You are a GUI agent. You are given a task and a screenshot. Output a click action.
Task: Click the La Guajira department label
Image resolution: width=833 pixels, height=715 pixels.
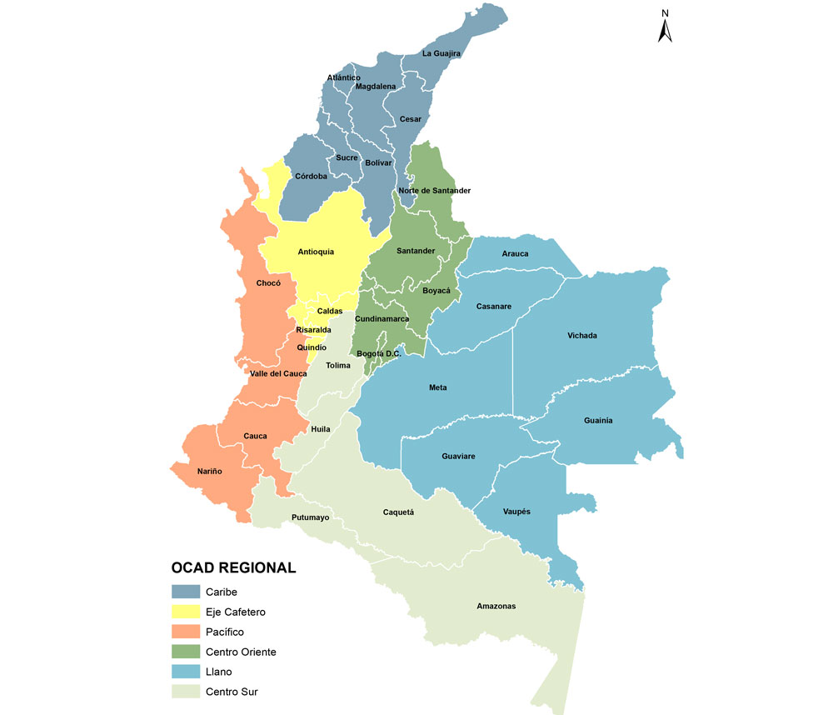[x=441, y=54]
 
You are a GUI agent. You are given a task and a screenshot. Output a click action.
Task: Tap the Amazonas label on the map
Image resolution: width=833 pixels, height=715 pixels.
[x=496, y=606]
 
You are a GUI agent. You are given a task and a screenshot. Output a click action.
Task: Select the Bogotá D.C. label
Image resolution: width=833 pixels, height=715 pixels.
[x=378, y=354]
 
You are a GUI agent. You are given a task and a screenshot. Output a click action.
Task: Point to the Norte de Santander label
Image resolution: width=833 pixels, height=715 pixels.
[x=434, y=191]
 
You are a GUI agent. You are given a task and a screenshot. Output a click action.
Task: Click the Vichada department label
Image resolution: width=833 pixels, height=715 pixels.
[x=582, y=336]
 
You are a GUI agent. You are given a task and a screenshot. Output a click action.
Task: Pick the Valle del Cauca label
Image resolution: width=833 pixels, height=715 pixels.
[x=278, y=374]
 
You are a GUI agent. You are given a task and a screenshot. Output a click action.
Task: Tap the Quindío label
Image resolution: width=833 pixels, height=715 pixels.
[x=312, y=347]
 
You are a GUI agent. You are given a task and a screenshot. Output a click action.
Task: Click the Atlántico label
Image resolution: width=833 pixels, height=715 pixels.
[x=343, y=77]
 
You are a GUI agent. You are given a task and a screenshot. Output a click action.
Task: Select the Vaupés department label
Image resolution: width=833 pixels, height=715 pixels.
[x=516, y=512]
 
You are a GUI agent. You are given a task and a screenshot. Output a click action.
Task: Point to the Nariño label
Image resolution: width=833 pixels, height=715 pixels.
[x=209, y=472]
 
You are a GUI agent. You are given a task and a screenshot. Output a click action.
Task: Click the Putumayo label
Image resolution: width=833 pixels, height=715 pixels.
[x=311, y=517]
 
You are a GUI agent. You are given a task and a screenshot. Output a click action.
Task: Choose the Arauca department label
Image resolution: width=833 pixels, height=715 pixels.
[x=515, y=254]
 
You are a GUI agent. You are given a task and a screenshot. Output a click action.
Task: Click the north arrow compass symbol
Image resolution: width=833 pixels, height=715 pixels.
[x=666, y=27]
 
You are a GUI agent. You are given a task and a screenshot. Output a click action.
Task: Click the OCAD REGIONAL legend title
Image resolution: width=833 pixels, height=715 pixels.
[x=233, y=568]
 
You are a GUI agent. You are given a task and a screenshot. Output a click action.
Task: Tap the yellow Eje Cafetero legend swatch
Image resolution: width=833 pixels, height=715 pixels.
[x=186, y=612]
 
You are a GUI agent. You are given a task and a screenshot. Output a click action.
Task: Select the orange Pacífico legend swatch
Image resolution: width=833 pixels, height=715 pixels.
[x=186, y=632]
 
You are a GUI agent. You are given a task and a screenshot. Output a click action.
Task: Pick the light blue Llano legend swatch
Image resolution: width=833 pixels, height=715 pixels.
[x=186, y=672]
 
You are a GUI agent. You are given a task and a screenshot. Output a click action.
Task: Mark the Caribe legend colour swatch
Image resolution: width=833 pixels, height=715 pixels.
[x=186, y=592]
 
